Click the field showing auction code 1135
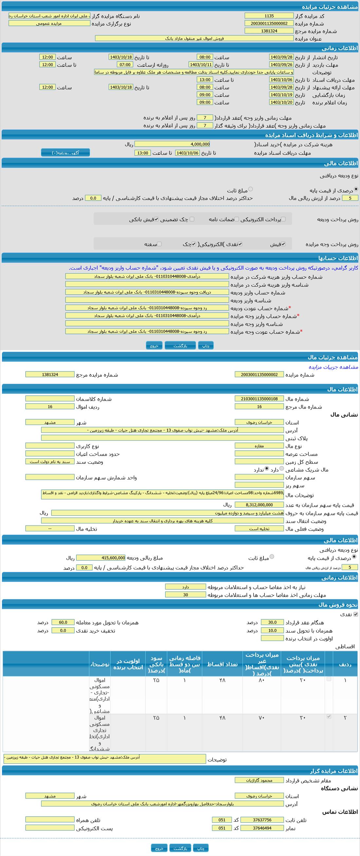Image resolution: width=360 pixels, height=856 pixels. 269,16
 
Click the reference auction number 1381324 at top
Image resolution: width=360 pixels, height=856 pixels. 269,31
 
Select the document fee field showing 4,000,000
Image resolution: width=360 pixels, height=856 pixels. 172,144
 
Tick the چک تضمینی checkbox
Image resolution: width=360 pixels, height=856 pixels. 192,219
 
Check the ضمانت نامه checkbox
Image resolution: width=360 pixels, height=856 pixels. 236,219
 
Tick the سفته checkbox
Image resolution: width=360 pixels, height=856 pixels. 159,244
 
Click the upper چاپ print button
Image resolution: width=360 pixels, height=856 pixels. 206,346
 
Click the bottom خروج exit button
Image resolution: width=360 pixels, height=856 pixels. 159,848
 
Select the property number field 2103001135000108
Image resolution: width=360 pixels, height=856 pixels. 259,399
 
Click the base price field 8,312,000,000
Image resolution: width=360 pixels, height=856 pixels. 259,505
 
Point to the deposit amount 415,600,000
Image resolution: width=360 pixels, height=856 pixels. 101,558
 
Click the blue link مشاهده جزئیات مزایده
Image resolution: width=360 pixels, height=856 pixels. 333,367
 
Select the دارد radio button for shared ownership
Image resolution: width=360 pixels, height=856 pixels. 282,469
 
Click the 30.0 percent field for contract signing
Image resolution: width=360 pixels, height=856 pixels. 272,622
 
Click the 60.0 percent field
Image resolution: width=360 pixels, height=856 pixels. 63,622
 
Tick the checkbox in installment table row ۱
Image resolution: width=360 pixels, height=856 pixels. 329,679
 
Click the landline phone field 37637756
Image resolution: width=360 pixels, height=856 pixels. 262,820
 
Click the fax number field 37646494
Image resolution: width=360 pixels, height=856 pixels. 262,828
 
